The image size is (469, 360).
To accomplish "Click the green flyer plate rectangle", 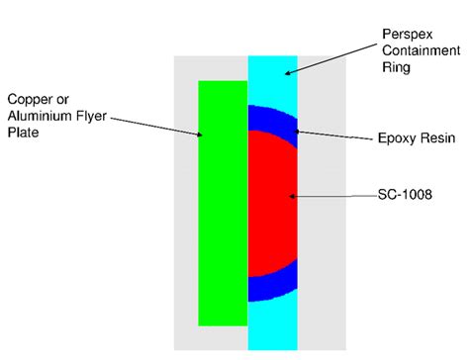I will tap(223, 203).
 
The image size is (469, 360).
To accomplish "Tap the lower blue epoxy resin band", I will tap(267, 289).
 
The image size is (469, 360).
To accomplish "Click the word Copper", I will tap(29, 100).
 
